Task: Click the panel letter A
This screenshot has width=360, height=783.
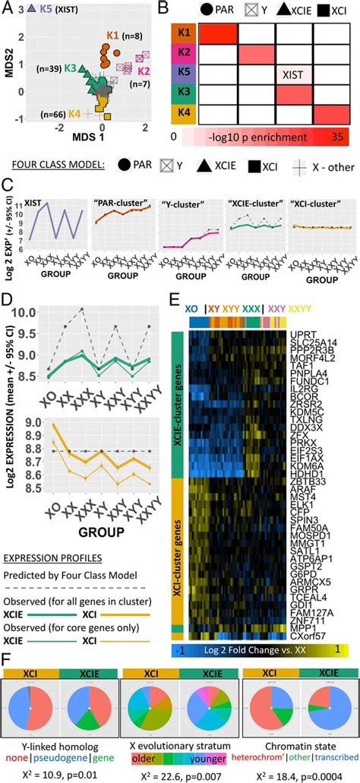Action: (x=7, y=7)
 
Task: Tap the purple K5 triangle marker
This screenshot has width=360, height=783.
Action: (x=30, y=8)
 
